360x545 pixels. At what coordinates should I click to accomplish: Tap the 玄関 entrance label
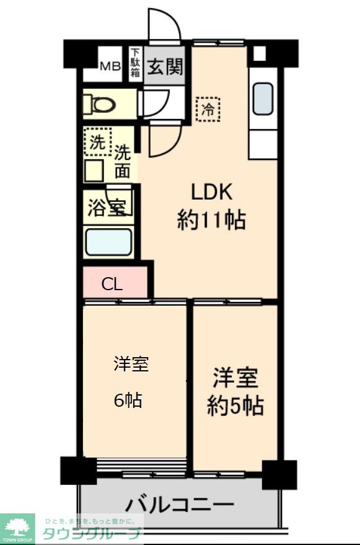[165, 66]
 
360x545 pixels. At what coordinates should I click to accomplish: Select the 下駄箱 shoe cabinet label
[135, 64]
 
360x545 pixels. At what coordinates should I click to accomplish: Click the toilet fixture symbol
[99, 103]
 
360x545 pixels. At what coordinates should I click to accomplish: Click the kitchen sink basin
[263, 98]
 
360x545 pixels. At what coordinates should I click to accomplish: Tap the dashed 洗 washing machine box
[97, 142]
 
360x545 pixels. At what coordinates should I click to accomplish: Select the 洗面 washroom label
[123, 161]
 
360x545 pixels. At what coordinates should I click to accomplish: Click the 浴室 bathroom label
[107, 208]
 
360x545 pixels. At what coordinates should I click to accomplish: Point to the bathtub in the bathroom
[108, 242]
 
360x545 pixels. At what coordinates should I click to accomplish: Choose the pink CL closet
[115, 284]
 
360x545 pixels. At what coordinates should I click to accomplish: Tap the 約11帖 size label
[211, 220]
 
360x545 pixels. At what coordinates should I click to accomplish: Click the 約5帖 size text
[235, 407]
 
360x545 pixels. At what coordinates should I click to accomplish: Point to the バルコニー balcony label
[180, 504]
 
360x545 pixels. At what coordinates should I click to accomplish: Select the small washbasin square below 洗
[94, 170]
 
